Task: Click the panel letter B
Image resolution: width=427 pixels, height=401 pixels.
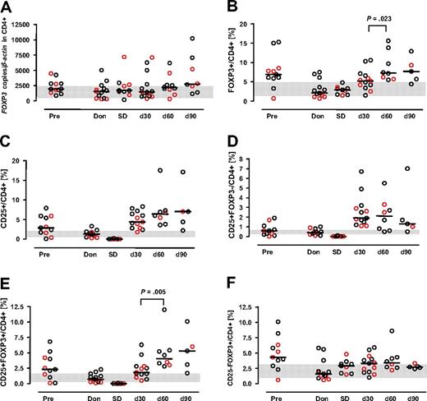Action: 224,7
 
